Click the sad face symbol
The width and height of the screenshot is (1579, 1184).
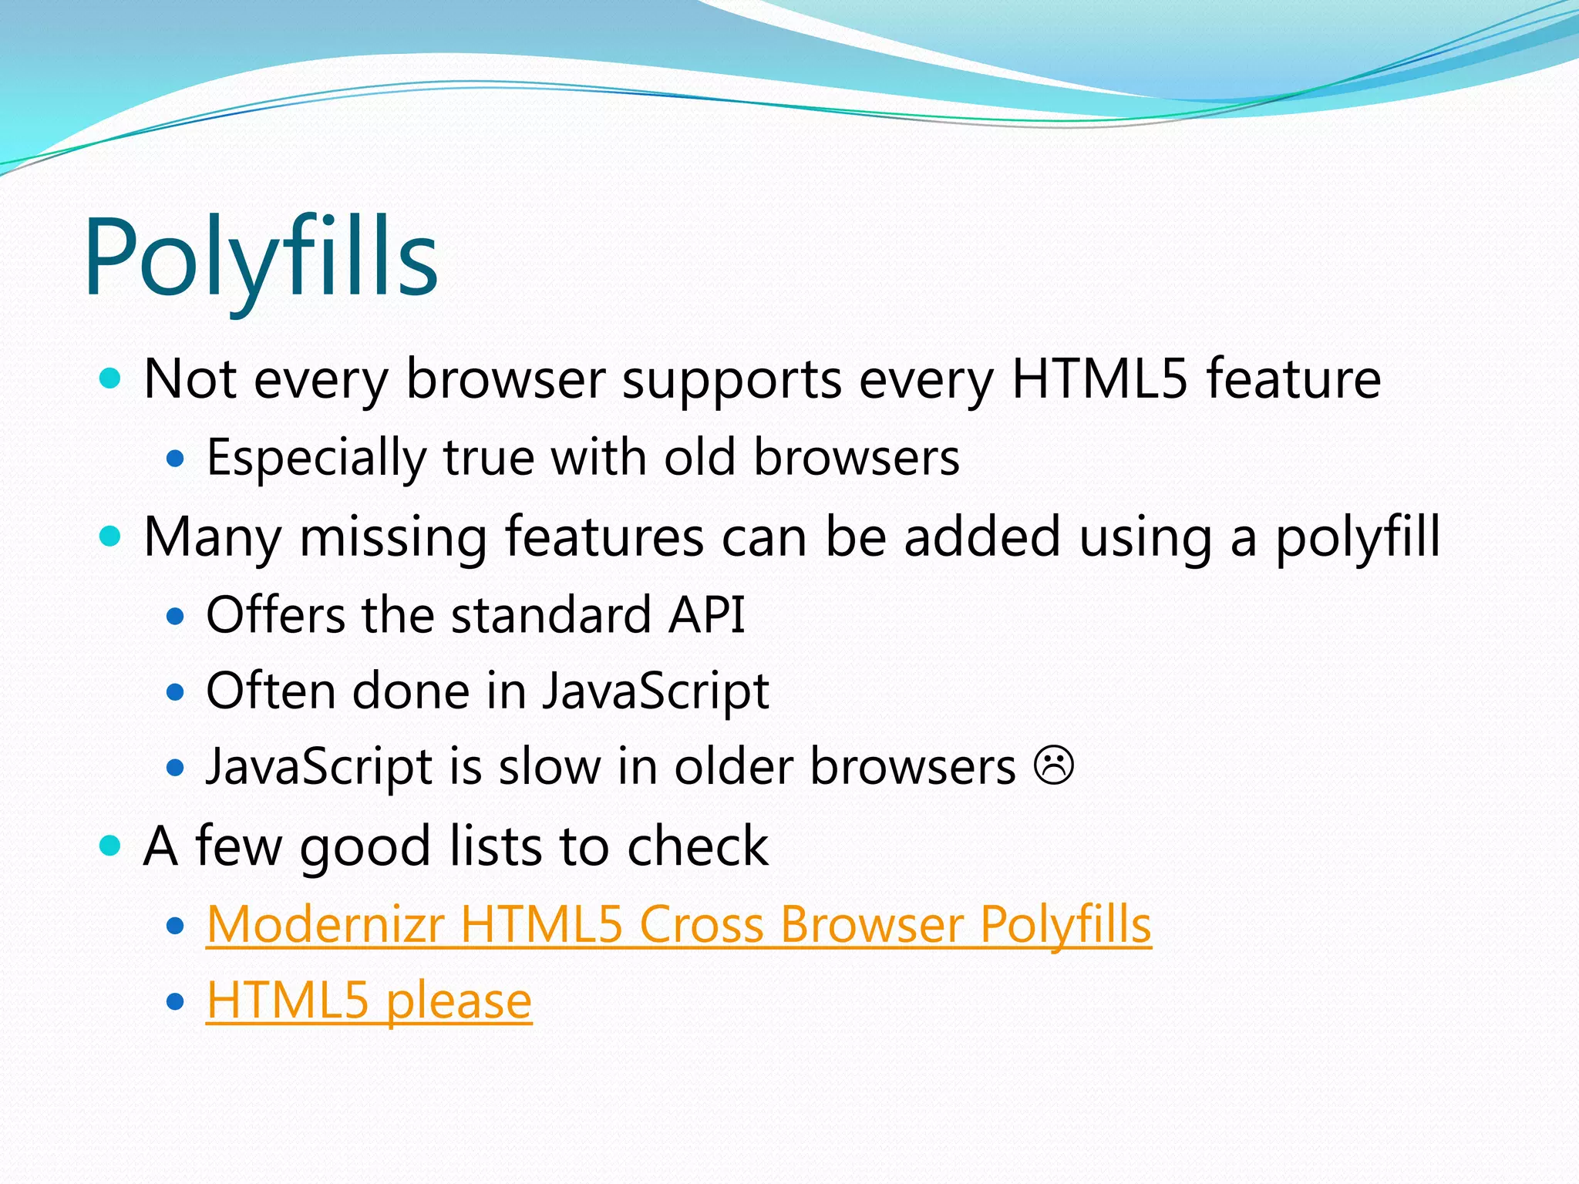coord(1054,765)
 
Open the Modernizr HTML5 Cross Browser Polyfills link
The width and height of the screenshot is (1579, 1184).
coord(678,923)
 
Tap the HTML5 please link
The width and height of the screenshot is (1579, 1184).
coord(369,1001)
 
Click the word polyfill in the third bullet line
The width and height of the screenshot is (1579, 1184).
coord(1357,537)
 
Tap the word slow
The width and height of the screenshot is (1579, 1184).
coord(550,766)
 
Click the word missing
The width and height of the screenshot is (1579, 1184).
coord(393,537)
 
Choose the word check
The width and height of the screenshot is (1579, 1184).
coord(697,846)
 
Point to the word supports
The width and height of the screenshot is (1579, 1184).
coord(732,380)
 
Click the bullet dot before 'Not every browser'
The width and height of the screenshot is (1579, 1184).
coord(111,378)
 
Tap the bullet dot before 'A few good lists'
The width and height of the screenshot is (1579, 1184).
coord(111,846)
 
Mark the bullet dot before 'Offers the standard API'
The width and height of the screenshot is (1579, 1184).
coord(176,616)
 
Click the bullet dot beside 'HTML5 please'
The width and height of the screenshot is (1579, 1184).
coord(176,1001)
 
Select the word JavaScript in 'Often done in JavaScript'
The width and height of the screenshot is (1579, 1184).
coord(655,691)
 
